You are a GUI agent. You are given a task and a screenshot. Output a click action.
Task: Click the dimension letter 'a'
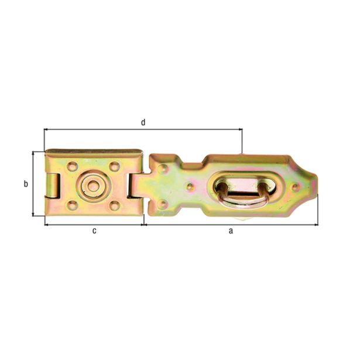point(231,231)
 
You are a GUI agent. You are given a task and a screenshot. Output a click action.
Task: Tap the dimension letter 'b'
point(25,184)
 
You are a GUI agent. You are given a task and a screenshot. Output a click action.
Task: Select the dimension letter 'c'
point(94,231)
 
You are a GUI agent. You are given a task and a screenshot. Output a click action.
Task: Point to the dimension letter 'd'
point(142,122)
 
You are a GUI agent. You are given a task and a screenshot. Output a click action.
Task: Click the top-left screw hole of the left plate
point(72,166)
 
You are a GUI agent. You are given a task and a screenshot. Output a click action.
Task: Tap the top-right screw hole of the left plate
point(114,166)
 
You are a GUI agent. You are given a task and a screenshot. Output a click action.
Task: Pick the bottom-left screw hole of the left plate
point(72,205)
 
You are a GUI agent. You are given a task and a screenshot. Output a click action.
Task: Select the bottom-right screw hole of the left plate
point(115,205)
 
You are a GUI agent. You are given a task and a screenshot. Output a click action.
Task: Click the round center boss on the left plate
point(92,186)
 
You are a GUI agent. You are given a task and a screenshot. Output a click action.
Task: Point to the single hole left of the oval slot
point(190,187)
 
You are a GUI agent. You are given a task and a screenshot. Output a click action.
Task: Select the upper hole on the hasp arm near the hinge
point(163,169)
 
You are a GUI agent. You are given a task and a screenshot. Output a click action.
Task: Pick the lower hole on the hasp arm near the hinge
point(163,204)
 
